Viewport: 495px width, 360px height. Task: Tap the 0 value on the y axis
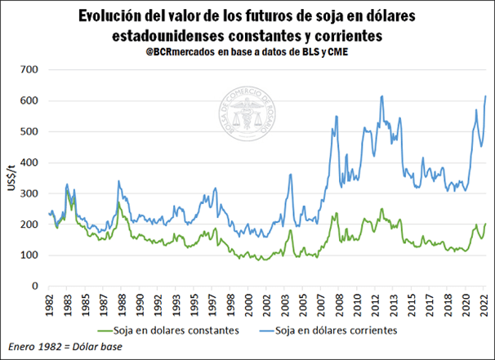[x=35, y=287]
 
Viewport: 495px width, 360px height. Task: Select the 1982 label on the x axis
[x=51, y=304]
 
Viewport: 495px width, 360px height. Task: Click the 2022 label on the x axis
[x=484, y=304]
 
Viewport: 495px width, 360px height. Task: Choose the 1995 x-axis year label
[x=191, y=304]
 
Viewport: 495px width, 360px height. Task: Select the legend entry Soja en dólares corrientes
[x=338, y=331]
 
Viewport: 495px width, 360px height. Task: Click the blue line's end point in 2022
[x=486, y=96]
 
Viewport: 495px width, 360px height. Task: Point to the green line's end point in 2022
[x=486, y=224]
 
